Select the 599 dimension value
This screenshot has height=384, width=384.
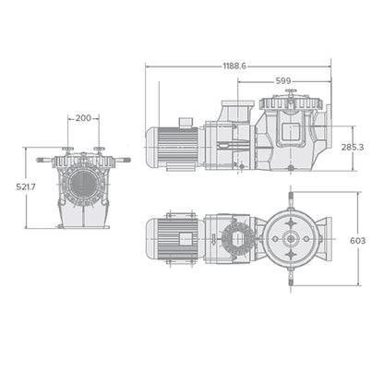pyautogui.click(x=283, y=81)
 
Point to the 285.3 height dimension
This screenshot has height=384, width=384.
pyautogui.click(x=353, y=146)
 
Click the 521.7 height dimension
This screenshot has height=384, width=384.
pyautogui.click(x=26, y=188)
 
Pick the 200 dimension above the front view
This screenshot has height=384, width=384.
pyautogui.click(x=84, y=119)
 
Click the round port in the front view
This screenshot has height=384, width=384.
pyautogui.click(x=84, y=186)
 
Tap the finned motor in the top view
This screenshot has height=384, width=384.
pyautogui.click(x=176, y=238)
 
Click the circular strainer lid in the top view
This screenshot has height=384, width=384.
pyautogui.click(x=291, y=238)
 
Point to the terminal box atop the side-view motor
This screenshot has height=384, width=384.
pyautogui.click(x=185, y=121)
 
